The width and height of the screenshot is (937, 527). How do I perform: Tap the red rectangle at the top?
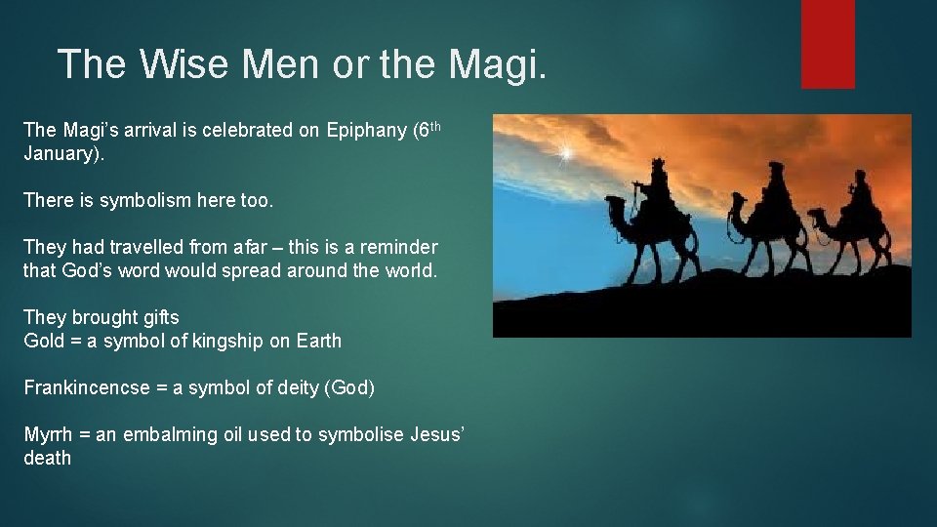coord(828,44)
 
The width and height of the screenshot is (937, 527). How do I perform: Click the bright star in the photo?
coord(564,153)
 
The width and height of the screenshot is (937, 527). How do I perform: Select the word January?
coord(60,153)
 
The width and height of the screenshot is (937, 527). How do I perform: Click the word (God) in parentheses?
coord(348,387)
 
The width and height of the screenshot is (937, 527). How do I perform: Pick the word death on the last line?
coord(47,458)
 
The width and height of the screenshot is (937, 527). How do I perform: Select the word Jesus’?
coord(438,434)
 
